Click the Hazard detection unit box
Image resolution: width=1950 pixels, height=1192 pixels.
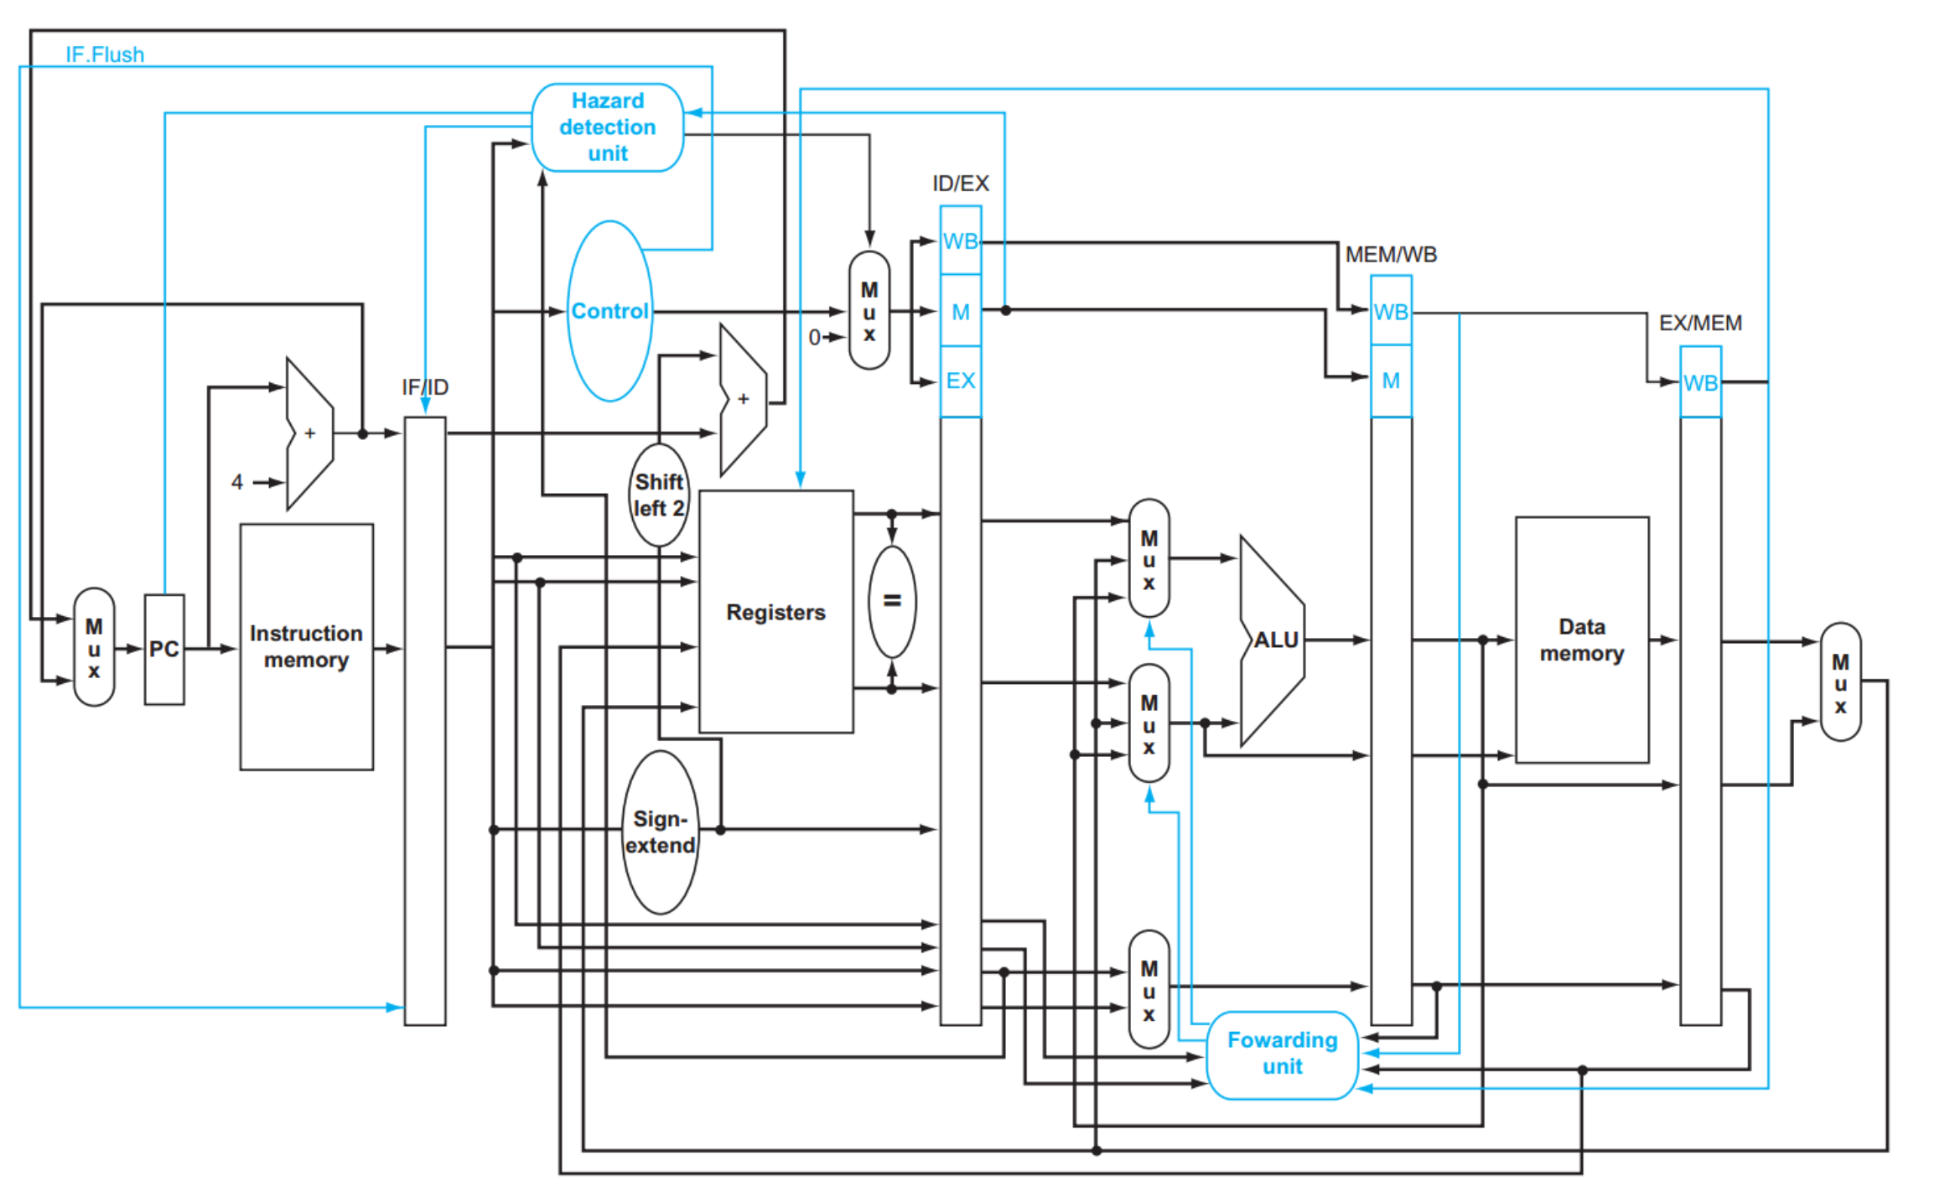(608, 127)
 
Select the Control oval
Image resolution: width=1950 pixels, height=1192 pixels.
(609, 311)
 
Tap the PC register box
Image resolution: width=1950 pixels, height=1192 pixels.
(164, 650)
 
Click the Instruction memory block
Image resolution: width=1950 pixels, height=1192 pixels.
(307, 647)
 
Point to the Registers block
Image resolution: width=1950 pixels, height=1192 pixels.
(776, 612)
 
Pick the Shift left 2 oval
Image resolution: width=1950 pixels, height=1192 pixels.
(659, 495)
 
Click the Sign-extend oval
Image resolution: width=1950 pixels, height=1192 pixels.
(661, 832)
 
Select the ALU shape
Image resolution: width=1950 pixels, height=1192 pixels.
(1273, 640)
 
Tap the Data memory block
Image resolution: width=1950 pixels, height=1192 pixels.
(1582, 640)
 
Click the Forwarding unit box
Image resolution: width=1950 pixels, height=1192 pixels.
(1283, 1055)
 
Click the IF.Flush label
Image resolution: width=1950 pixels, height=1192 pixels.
(105, 54)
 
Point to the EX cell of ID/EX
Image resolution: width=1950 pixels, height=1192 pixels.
(961, 381)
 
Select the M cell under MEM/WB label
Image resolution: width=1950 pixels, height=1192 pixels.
(1391, 381)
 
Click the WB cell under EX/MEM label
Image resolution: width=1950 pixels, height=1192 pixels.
(1701, 382)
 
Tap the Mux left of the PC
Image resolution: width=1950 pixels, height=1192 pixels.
(94, 647)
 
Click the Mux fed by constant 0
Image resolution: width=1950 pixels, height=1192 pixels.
(869, 310)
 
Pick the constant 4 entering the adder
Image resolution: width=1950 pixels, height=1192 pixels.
(237, 482)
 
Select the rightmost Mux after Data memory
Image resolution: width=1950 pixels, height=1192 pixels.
(1840, 682)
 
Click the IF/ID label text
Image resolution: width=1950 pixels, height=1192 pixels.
(425, 387)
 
